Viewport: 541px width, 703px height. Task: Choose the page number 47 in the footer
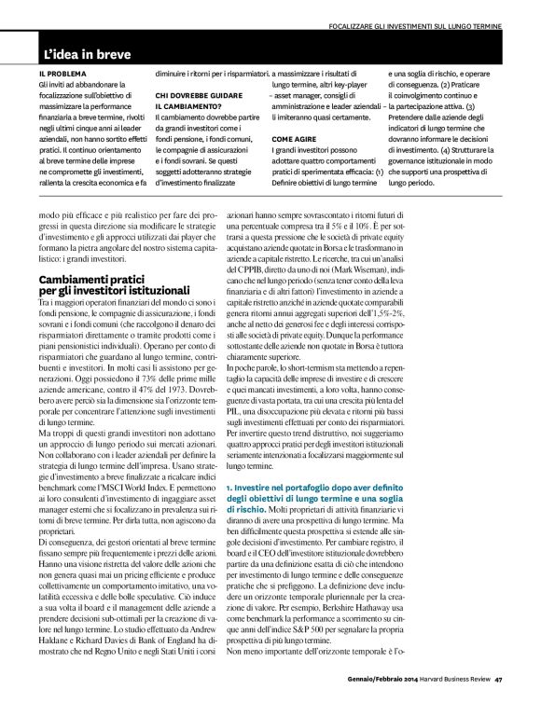(499, 678)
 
